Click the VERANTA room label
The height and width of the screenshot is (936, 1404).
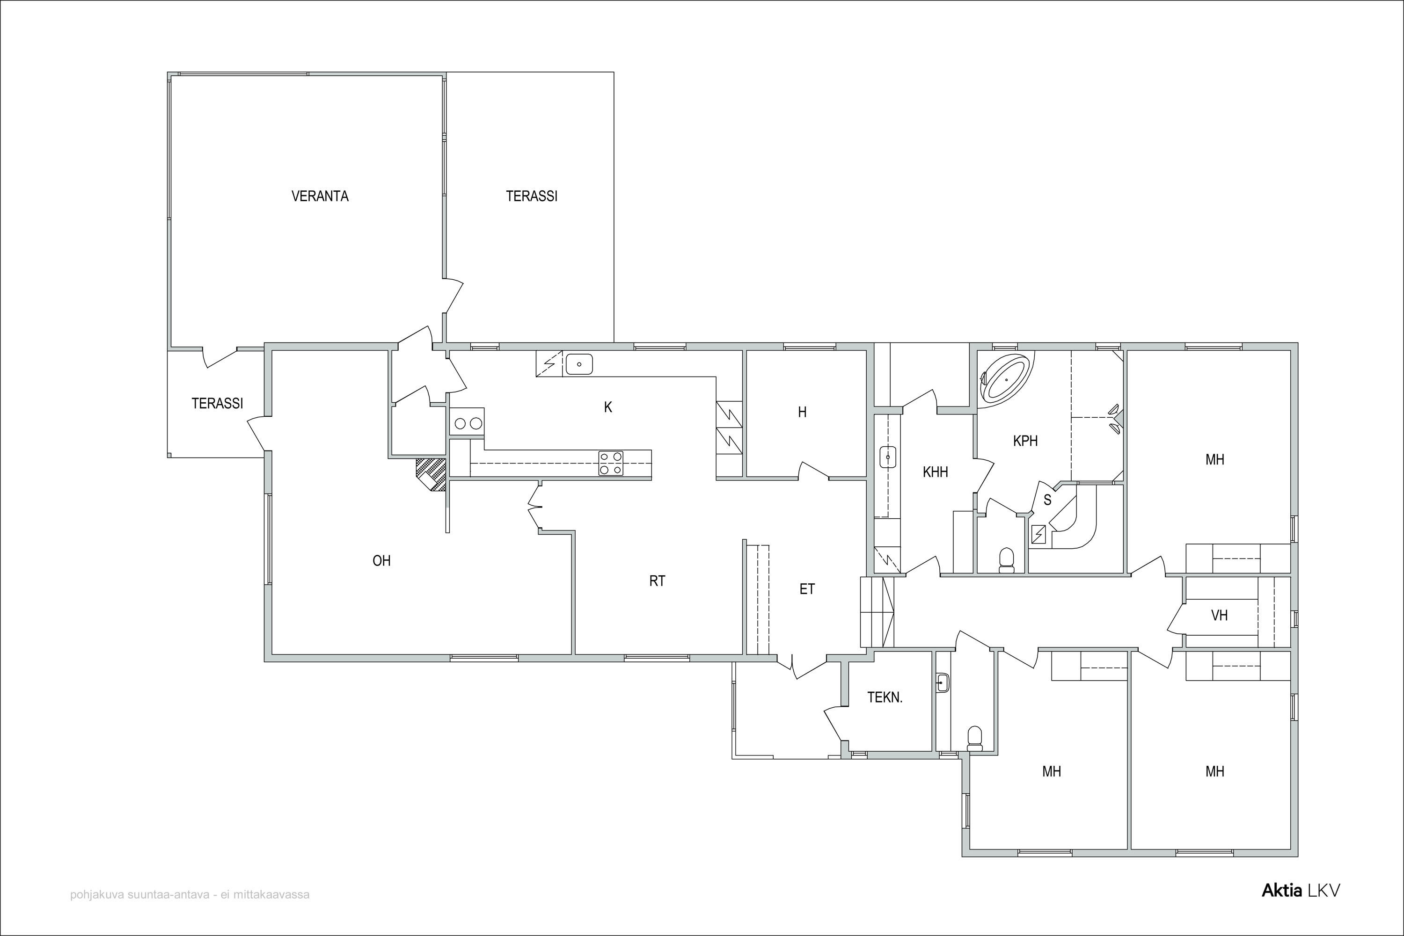point(320,196)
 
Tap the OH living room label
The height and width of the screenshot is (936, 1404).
point(381,560)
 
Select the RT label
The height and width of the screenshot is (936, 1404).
point(658,581)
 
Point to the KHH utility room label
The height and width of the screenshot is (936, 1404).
point(935,472)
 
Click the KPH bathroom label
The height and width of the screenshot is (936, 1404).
point(1025,441)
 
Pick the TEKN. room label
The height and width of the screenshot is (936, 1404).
point(885,697)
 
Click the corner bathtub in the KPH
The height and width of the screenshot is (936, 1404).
point(1006,378)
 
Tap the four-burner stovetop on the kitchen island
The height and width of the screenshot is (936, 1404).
point(611,463)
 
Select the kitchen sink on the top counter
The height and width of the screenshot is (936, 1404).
point(578,363)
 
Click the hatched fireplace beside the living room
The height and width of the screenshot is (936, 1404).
point(431,474)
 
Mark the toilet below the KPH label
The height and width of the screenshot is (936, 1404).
point(1006,560)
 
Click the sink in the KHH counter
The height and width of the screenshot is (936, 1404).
point(888,457)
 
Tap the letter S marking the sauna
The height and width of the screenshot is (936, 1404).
point(1047,500)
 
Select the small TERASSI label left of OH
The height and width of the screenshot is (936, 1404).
point(217,404)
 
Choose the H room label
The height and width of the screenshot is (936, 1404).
point(802,412)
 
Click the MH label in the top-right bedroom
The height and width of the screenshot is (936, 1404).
point(1215,460)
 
